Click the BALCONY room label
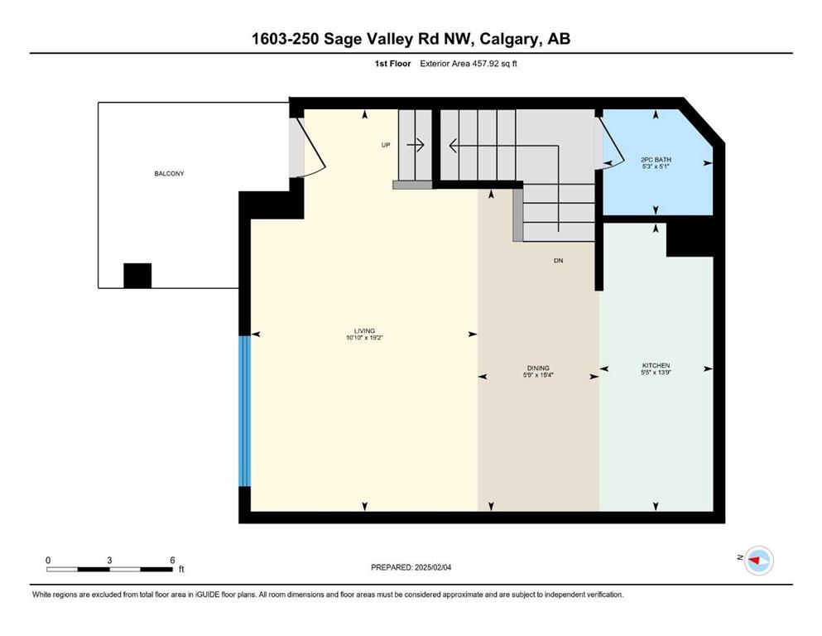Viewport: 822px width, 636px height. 169,174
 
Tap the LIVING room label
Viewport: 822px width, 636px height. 364,331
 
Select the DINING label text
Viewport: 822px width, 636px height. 538,368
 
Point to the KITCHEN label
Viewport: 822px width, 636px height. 656,365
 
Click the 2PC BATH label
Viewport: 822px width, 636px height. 656,159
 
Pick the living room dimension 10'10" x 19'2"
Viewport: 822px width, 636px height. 364,338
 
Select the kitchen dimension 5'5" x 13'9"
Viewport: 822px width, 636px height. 656,373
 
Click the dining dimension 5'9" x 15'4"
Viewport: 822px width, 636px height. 538,375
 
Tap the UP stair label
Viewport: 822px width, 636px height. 386,145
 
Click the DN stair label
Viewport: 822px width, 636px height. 558,261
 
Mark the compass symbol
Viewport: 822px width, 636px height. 759,561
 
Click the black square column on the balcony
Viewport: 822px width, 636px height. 137,276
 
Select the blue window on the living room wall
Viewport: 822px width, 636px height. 245,411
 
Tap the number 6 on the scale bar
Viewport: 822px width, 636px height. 172,560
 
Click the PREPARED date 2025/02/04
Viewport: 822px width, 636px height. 433,567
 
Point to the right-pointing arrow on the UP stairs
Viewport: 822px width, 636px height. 416,145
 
